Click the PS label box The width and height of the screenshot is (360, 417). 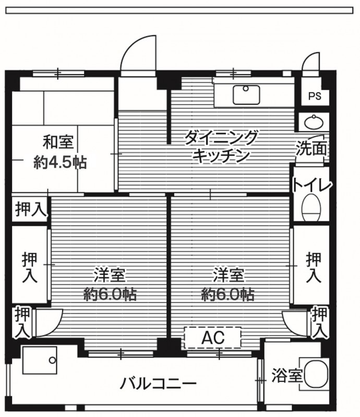[315, 96]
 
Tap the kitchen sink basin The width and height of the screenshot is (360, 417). [246, 95]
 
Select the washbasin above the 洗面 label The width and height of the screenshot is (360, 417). [314, 122]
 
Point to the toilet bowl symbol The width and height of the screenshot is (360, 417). [311, 207]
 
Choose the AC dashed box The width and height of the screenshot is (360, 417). [213, 338]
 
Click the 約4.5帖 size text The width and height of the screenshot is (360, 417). [60, 162]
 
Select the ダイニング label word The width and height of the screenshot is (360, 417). [221, 137]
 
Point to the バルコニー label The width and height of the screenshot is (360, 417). [158, 384]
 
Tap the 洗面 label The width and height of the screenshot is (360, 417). [311, 148]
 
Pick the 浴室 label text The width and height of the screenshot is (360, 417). [287, 376]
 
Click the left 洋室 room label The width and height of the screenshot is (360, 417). [110, 275]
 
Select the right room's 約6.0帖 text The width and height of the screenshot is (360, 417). [227, 295]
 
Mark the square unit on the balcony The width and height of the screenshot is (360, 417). [40, 360]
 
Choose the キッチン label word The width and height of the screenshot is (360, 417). [221, 156]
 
